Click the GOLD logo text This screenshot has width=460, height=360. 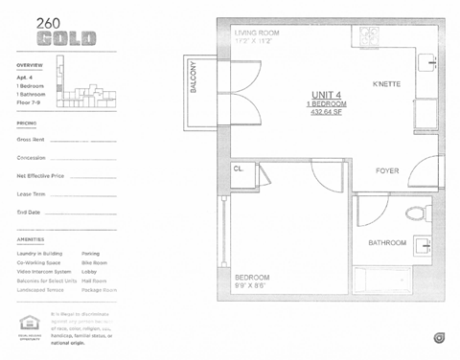point(65,38)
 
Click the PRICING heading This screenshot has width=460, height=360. point(27,124)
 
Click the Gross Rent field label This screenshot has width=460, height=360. point(32,140)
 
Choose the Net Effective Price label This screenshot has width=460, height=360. point(40,176)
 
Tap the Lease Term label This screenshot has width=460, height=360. point(31,194)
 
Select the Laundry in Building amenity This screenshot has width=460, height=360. point(40,254)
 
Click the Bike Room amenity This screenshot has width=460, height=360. point(95,262)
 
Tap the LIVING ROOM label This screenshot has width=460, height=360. point(257,33)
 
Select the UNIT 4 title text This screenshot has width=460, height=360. point(327,93)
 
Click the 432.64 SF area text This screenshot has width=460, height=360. point(328,112)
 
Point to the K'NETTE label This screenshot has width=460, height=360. point(387,83)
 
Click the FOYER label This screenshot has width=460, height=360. point(387,171)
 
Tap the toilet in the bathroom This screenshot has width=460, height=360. point(418,213)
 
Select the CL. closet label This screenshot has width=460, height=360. point(239,169)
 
